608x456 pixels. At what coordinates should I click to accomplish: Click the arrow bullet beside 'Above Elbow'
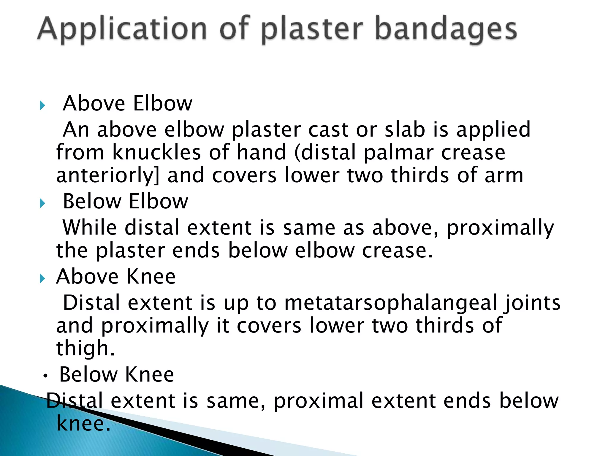pos(42,105)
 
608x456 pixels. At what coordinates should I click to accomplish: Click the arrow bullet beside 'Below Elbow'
pos(42,203)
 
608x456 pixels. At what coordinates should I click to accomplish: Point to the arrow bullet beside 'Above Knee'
pos(42,278)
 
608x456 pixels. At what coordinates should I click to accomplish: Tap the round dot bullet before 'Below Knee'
pos(45,376)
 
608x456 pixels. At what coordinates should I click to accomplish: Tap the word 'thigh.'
pos(85,348)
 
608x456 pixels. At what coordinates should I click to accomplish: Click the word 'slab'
pos(405,130)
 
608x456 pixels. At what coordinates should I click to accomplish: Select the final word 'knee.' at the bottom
pos(83,424)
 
